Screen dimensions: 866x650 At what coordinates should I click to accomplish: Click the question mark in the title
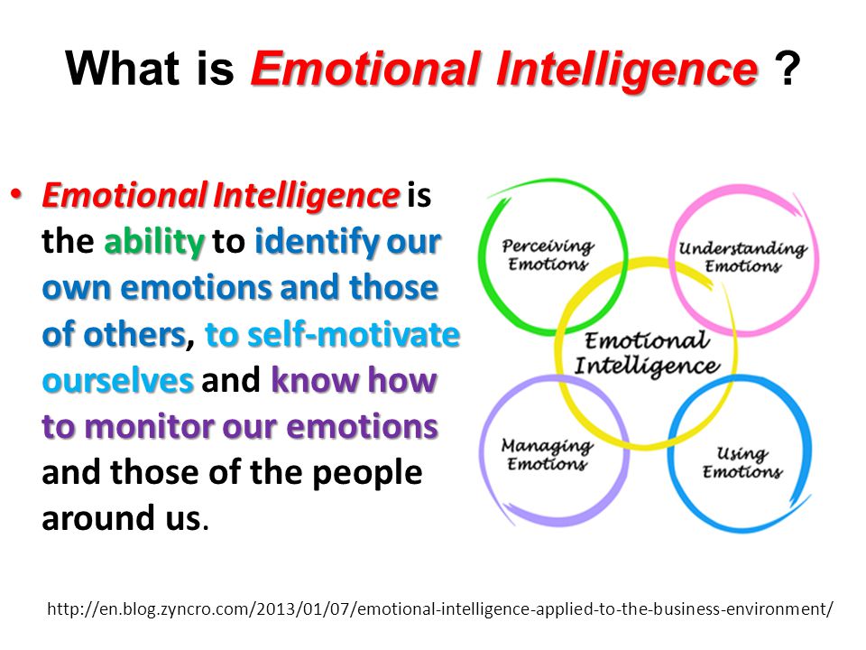coord(787,69)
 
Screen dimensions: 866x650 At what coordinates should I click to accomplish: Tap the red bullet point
coord(16,195)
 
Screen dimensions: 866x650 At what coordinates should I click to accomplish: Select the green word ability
coord(154,242)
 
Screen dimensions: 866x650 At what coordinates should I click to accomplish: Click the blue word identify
coord(316,242)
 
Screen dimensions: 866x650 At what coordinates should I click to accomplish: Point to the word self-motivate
coord(354,334)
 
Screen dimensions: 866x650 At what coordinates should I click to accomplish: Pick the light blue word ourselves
coord(117,381)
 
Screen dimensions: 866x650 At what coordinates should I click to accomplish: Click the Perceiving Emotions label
coord(548,255)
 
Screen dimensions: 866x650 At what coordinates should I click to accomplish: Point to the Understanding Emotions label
coord(742,256)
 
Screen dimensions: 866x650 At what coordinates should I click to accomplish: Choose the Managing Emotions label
coord(547,454)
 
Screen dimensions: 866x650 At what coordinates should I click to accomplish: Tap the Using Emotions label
coord(742,462)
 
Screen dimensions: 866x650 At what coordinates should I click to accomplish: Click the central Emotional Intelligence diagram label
coord(647,353)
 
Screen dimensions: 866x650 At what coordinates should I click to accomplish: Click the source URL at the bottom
coord(440,609)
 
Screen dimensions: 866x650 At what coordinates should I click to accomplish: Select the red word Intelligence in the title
coord(627,70)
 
